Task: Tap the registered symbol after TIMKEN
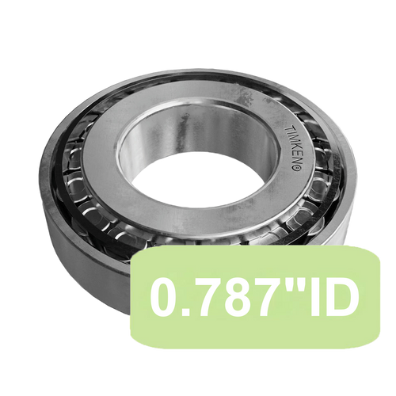[x=295, y=167]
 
